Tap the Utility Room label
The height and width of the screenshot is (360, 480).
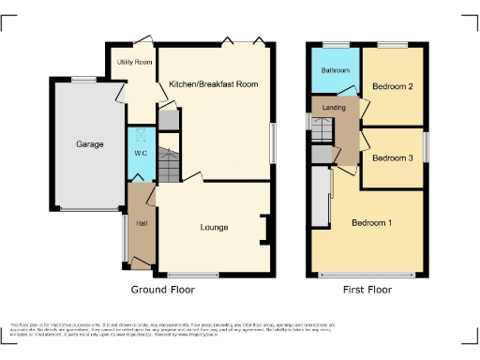(134, 62)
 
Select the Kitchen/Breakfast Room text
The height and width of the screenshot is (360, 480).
(213, 84)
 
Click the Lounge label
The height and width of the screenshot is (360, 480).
(214, 227)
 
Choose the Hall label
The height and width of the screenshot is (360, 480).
(141, 223)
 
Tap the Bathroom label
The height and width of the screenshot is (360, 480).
(335, 70)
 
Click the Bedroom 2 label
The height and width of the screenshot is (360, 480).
(393, 86)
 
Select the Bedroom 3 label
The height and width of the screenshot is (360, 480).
(392, 157)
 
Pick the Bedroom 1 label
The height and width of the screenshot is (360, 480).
(371, 223)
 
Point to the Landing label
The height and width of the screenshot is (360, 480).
(335, 108)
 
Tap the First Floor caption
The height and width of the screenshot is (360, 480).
(366, 290)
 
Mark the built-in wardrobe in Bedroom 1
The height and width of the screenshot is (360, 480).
(322, 197)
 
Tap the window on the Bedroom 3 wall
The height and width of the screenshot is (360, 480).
(425, 147)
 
